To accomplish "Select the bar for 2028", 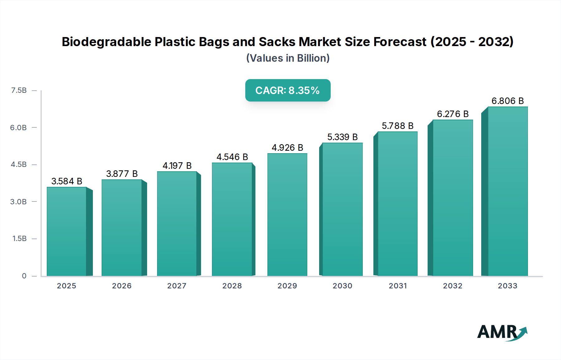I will pyautogui.click(x=232, y=219).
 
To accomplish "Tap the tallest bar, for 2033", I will pyautogui.click(x=508, y=191).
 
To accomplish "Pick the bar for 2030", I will pyautogui.click(x=342, y=209).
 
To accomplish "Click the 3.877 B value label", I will pyautogui.click(x=122, y=174).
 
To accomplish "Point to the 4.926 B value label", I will pyautogui.click(x=287, y=148).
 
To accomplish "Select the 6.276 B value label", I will pyautogui.click(x=453, y=114).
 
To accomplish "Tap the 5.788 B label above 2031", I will pyautogui.click(x=398, y=126).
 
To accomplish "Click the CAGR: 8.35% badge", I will pyautogui.click(x=288, y=90).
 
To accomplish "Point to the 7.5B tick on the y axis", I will pyautogui.click(x=19, y=90).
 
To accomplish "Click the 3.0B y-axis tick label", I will pyautogui.click(x=18, y=202).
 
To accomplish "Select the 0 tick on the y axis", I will pyautogui.click(x=24, y=276).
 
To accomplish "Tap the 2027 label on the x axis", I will pyautogui.click(x=177, y=286).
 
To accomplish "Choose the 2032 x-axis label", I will pyautogui.click(x=453, y=286).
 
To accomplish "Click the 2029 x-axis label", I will pyautogui.click(x=287, y=286).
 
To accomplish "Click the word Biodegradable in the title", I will pyautogui.click(x=106, y=42).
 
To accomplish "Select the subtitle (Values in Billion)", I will pyautogui.click(x=288, y=58).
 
